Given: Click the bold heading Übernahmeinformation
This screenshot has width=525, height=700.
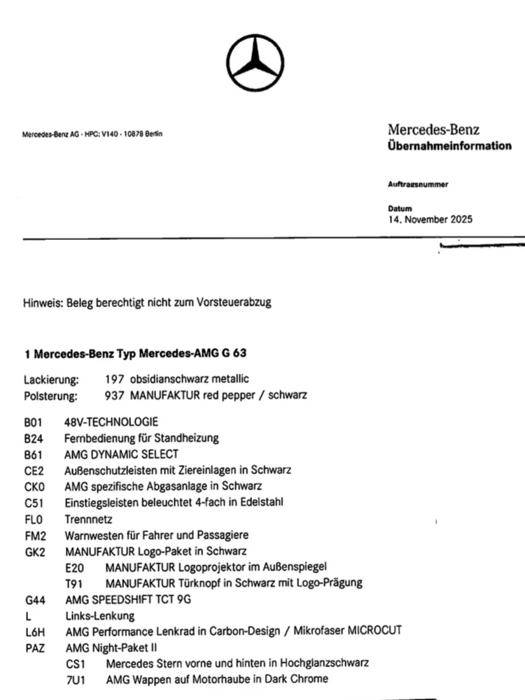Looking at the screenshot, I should pos(449,146).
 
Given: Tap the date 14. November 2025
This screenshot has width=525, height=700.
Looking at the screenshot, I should pos(430,219).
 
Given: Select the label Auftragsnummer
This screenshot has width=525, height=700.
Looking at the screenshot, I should pos(418,185).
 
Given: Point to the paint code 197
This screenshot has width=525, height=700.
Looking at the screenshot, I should pos(112,379).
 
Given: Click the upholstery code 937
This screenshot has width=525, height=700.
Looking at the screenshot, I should pos(112,395).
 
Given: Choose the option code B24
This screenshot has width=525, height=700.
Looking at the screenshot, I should pos(34,438).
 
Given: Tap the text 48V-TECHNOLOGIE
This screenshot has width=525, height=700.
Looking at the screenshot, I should pos(111,422).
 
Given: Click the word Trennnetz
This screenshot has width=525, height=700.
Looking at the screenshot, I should pos(88,520).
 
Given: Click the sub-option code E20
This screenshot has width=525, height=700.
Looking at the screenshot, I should pos(74,567).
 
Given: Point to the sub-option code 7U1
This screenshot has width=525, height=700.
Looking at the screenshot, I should pos(75,679).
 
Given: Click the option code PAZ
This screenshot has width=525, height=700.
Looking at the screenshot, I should pos(35,648).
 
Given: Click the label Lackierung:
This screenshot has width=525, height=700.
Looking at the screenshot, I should pos(51,380).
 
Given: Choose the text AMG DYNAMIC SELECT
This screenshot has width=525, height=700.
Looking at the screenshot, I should pos(121,455).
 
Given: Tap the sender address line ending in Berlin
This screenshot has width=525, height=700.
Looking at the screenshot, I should pos(92,134).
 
